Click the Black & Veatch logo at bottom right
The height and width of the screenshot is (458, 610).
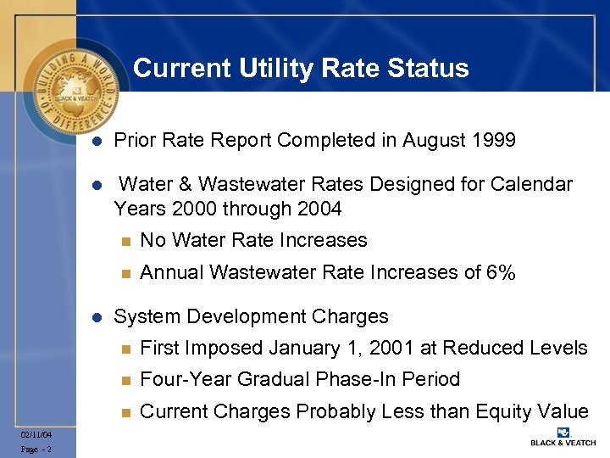(x=563, y=436)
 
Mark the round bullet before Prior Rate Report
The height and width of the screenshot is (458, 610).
(x=97, y=141)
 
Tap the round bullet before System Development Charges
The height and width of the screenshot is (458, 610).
(x=97, y=318)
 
